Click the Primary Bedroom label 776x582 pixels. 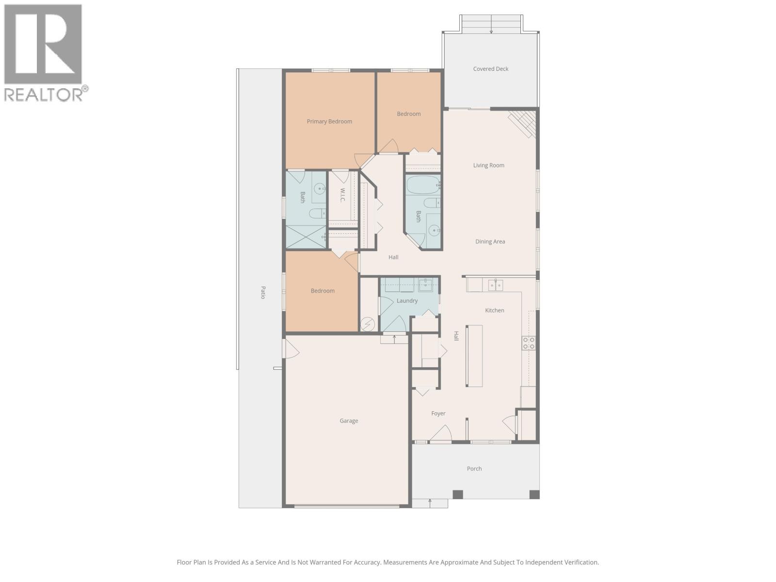click(329, 121)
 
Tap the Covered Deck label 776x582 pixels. click(491, 69)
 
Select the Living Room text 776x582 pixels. click(488, 165)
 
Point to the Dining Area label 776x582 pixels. click(490, 242)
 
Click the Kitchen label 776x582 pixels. click(495, 310)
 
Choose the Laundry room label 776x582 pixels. click(407, 301)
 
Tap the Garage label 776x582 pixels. click(349, 421)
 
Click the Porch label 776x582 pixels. click(474, 469)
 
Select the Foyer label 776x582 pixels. click(438, 414)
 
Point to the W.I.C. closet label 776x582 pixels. click(342, 195)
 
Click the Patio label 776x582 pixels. click(263, 292)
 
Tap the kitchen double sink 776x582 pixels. click(495, 286)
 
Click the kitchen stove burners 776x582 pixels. click(529, 343)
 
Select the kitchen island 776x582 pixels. click(474, 356)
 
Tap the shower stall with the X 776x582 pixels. click(305, 237)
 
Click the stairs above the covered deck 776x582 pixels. click(491, 24)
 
